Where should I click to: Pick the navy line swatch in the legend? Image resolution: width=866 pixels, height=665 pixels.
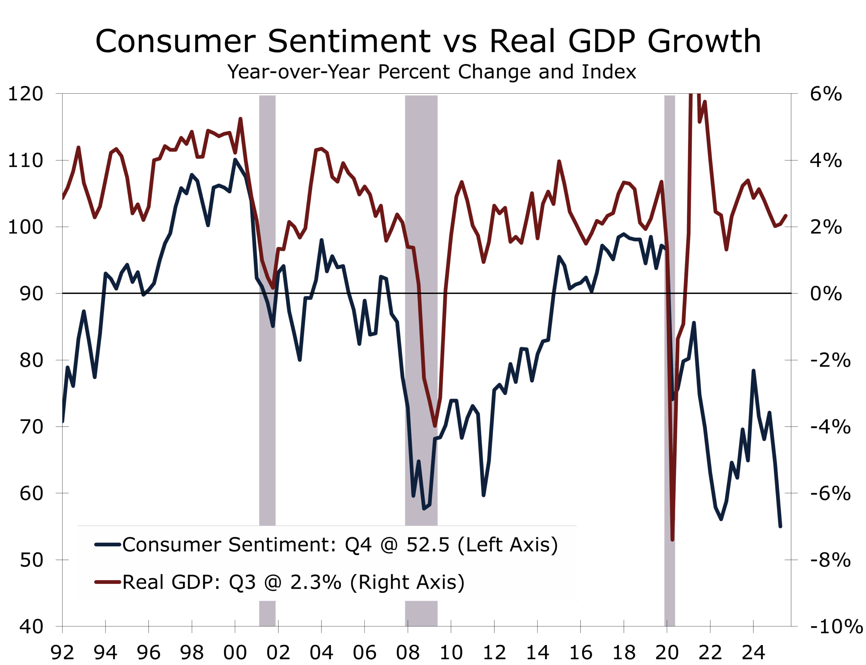tap(108, 545)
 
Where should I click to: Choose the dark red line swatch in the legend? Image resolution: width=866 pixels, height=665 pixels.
tap(108, 582)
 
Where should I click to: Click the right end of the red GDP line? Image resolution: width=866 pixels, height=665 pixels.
tap(785, 216)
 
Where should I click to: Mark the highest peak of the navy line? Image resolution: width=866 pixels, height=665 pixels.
tap(235, 160)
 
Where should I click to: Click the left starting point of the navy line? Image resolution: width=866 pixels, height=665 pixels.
tap(63, 422)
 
